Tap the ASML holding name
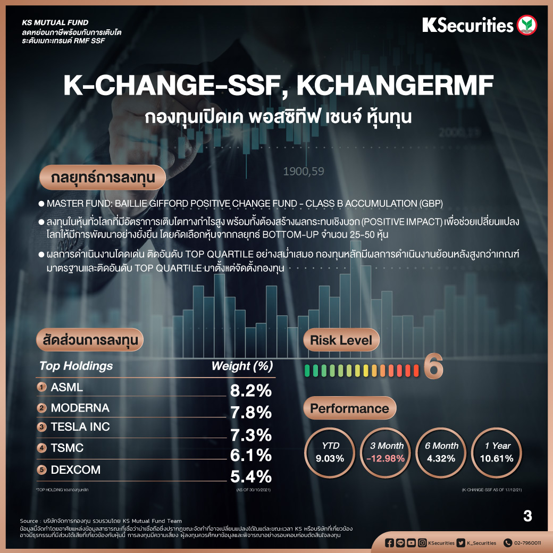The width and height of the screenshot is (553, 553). coord(67,388)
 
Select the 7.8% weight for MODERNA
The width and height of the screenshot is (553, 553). coord(251,412)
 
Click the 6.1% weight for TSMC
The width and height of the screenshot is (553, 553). coord(251,455)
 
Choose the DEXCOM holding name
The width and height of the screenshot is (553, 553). coord(76,470)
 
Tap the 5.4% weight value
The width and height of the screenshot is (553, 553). coord(251,476)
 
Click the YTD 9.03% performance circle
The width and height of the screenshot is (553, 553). coord(330,452)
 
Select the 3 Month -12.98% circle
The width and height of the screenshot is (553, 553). coord(387,452)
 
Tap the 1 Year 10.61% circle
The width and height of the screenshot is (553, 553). coord(498,452)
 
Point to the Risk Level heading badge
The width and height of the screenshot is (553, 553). coord(341,340)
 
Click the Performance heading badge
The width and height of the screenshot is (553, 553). coord(349,408)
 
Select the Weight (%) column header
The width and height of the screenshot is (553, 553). coord(242,366)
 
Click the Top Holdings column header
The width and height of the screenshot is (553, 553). coord(76,366)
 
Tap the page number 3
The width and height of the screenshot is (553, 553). coord(527,516)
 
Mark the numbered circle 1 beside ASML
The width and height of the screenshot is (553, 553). coord(42,387)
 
